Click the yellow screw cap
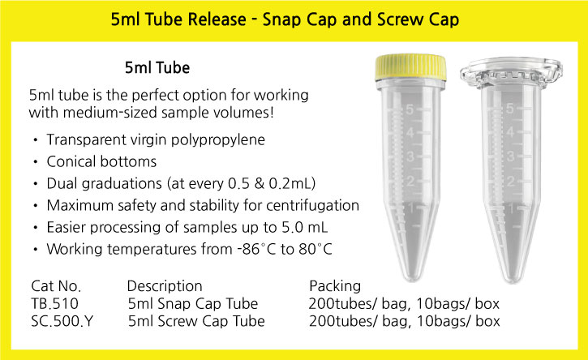tap(411, 68)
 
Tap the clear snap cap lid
tap(511, 72)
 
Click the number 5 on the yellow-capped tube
tap(410, 109)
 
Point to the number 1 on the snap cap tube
tap(510, 208)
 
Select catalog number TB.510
tap(55, 303)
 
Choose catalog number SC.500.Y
tap(62, 321)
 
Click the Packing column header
tap(335, 286)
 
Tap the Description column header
tap(165, 286)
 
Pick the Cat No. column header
tap(56, 286)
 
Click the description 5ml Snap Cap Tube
tap(193, 303)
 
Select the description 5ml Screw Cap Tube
tap(196, 321)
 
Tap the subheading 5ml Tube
tap(157, 68)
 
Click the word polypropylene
tap(218, 140)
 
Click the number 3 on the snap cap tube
tap(509, 156)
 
